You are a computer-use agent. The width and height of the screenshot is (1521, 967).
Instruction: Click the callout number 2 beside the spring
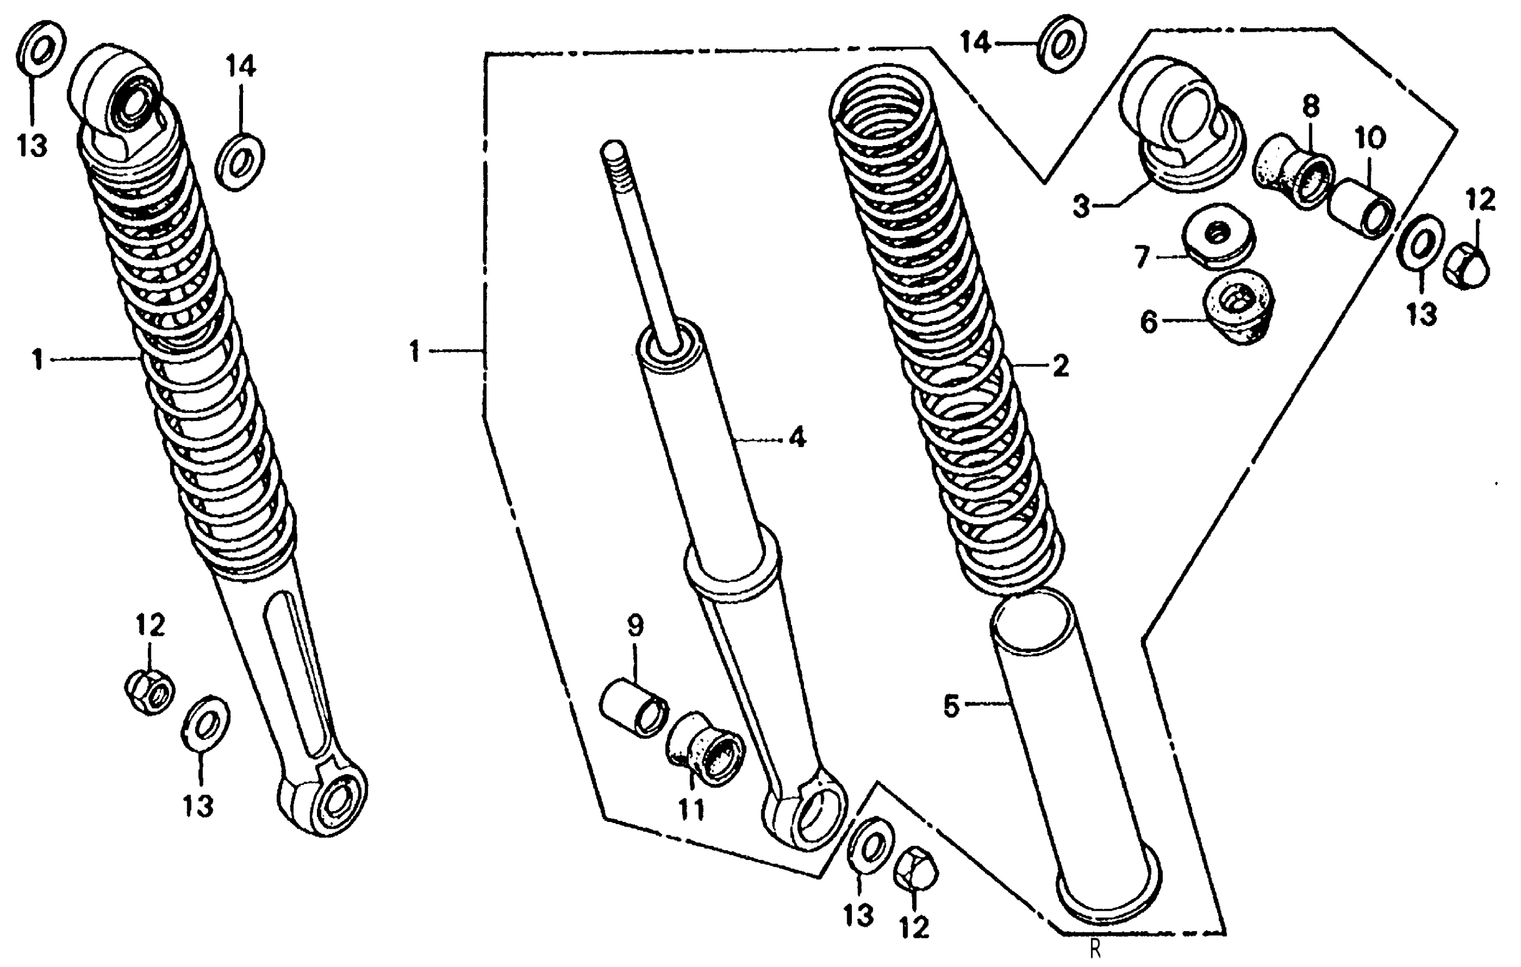1061,366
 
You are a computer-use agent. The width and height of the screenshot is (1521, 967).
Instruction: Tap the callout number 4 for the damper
797,437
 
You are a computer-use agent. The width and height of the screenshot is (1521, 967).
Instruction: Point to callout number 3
1081,206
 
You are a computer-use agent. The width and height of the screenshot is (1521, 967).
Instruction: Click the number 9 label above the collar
635,625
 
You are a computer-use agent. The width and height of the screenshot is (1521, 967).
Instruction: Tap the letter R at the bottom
1095,949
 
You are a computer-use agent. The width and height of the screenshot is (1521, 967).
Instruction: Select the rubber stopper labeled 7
1218,237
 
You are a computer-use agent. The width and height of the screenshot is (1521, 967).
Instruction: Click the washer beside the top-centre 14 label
1061,44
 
